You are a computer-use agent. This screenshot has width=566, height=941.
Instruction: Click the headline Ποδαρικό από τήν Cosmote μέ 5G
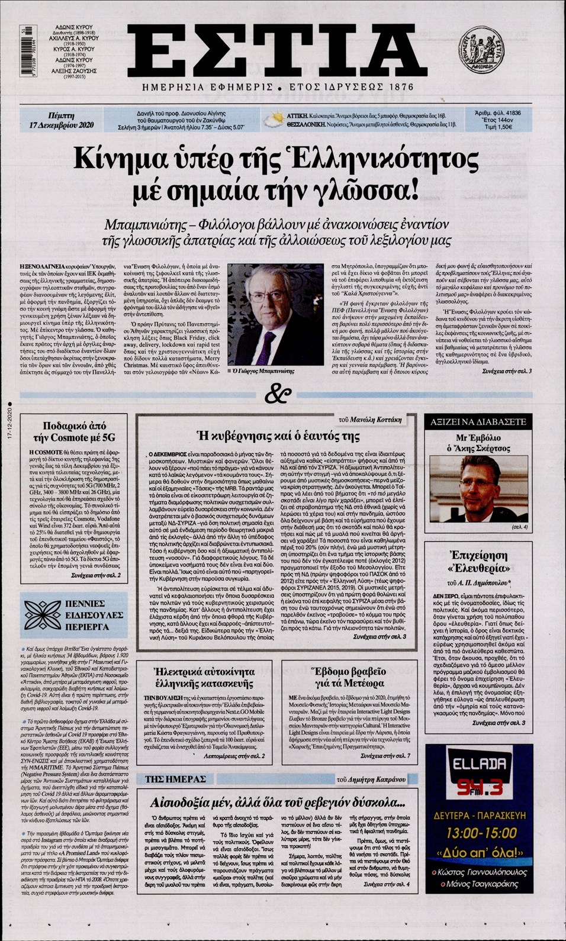pyautogui.click(x=74, y=431)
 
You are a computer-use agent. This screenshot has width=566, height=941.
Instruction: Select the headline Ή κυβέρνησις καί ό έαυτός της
pyautogui.click(x=278, y=437)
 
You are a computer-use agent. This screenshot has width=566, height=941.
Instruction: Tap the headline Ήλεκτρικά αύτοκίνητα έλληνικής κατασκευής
pyautogui.click(x=204, y=678)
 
